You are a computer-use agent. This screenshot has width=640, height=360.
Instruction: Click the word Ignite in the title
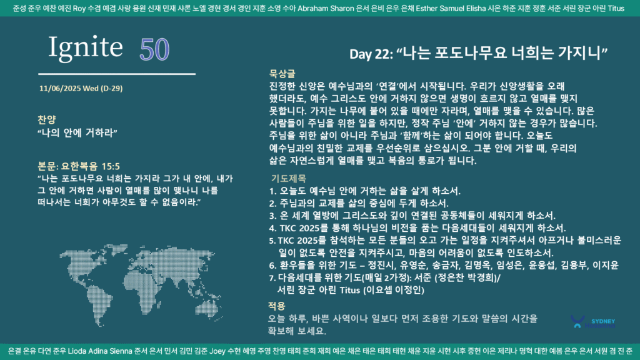(x=85, y=47)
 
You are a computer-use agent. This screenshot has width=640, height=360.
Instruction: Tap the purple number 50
(x=154, y=50)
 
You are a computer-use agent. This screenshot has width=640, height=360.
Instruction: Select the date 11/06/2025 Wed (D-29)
(x=81, y=88)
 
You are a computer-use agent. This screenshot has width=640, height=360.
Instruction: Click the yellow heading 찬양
(x=46, y=119)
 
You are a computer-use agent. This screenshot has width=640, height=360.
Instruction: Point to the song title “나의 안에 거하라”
(x=77, y=132)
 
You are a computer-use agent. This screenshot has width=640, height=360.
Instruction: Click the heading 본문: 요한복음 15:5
(x=79, y=166)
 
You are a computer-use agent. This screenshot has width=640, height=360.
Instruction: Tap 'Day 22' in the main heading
(x=371, y=54)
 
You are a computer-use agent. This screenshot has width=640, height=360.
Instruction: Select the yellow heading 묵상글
(x=282, y=74)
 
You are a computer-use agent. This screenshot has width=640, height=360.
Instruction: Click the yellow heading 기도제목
(x=289, y=178)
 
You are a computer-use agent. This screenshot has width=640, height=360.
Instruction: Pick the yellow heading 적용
(x=276, y=306)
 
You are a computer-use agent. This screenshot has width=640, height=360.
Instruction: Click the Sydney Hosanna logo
(x=592, y=322)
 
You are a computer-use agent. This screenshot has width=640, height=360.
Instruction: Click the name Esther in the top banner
(x=426, y=8)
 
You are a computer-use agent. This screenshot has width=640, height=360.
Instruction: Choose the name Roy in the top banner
(x=79, y=8)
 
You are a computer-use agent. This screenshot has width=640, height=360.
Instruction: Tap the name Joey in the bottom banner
(x=217, y=351)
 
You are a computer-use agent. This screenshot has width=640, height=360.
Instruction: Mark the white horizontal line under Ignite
(x=117, y=74)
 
